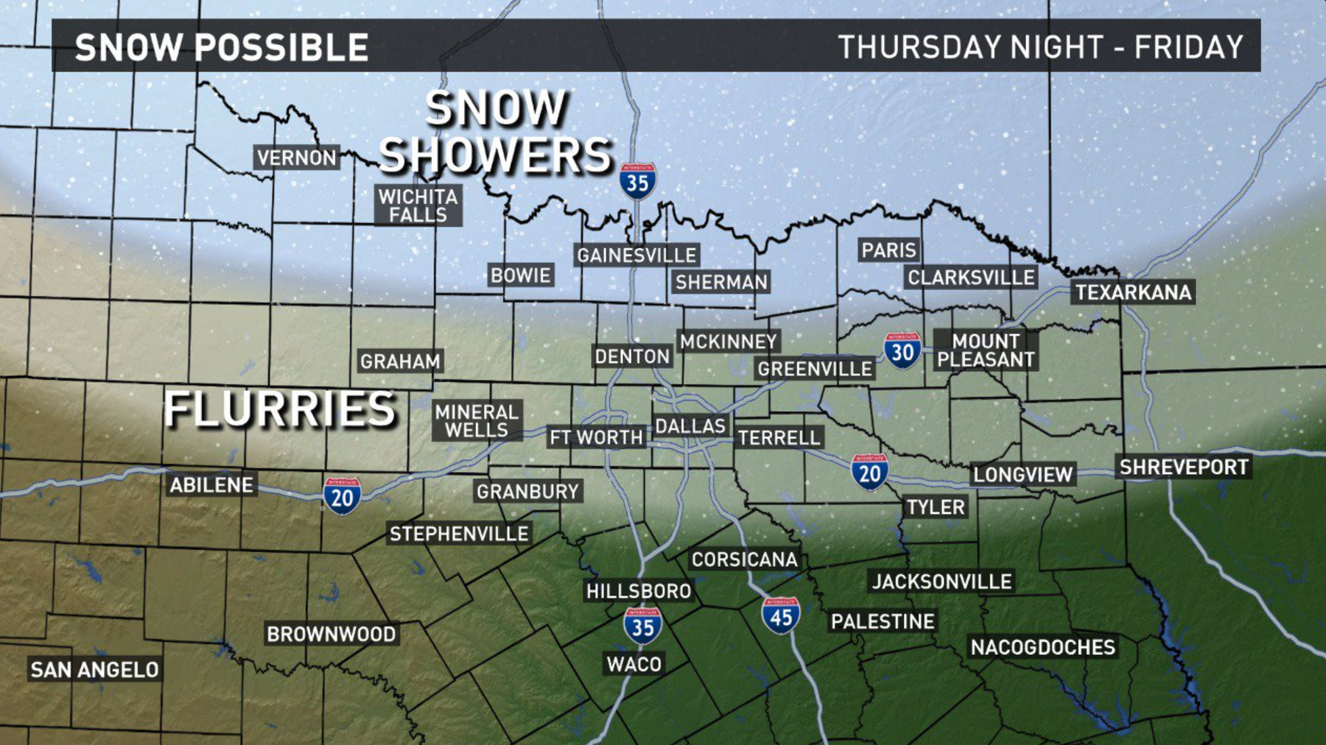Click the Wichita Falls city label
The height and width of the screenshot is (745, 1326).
(418, 205)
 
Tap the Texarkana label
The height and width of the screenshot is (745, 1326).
(1133, 292)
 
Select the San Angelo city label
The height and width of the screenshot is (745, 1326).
(94, 669)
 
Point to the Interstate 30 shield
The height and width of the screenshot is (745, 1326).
(902, 351)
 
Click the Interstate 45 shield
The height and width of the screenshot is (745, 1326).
(781, 616)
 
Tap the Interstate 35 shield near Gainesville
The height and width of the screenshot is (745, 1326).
(637, 181)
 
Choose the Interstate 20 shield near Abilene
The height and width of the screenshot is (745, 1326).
(342, 496)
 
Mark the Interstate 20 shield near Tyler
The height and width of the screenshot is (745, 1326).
(869, 472)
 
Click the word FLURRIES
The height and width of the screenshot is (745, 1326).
(280, 409)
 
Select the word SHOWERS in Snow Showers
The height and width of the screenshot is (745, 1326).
(495, 155)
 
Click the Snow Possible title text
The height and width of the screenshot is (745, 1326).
(221, 48)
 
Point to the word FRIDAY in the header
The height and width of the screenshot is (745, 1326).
(1188, 48)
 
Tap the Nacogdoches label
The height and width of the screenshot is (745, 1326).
(1042, 647)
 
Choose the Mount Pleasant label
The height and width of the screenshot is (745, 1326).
(986, 350)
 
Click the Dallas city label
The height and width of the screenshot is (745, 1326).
(690, 426)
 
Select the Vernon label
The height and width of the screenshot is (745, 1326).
(296, 158)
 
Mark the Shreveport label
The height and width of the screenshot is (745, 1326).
(1183, 467)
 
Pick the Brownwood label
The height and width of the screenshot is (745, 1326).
(331, 634)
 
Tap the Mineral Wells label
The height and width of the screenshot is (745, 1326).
(477, 421)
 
